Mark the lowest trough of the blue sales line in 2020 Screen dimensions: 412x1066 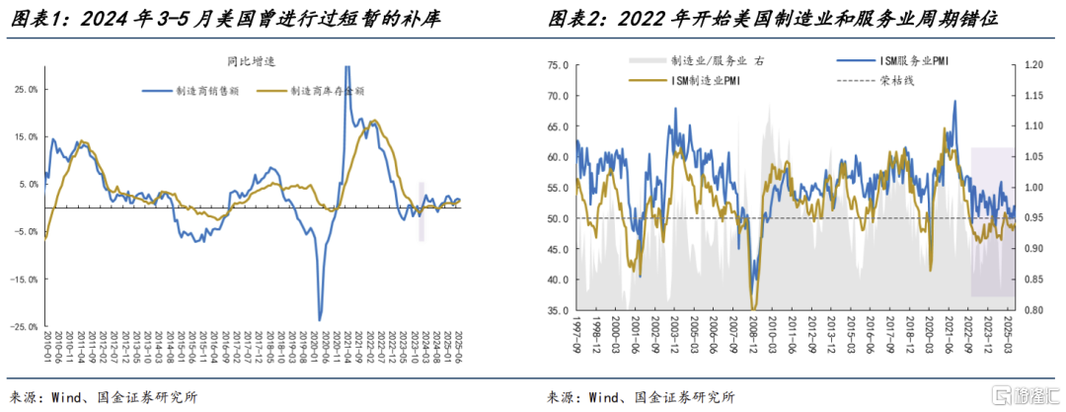pos(319,319)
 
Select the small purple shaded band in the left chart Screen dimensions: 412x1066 pos(421,211)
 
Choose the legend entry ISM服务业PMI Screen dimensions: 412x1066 pos(914,60)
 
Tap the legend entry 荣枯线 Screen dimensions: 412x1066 pos(896,80)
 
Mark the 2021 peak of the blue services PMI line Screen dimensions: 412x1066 pos(954,101)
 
